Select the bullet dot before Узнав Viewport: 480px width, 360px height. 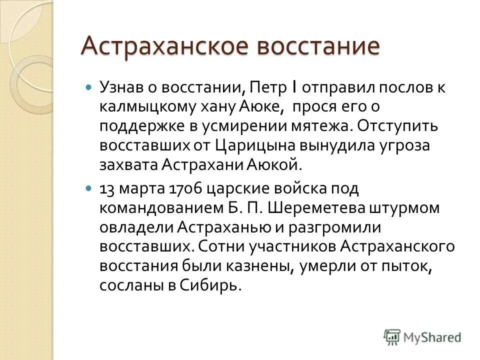89,87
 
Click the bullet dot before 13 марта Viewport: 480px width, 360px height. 89,189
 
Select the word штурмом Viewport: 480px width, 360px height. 409,208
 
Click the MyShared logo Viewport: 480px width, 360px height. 422,336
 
